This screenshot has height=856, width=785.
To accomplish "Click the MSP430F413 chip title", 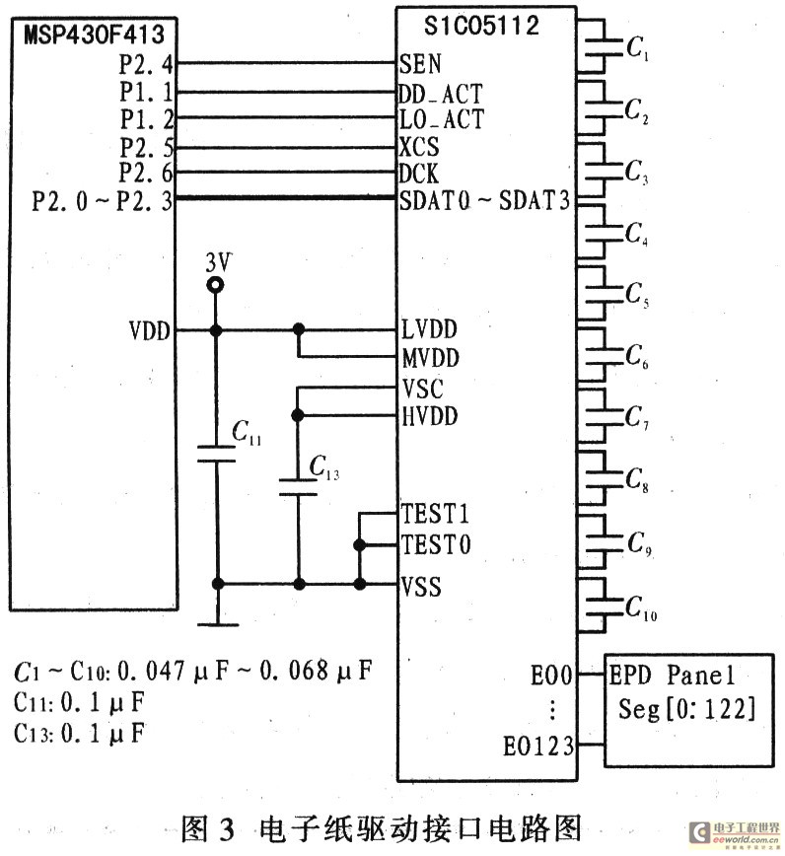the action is click(x=94, y=35).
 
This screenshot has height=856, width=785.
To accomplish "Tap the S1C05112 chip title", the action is click(x=481, y=26).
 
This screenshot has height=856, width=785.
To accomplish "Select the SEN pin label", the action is click(x=420, y=64).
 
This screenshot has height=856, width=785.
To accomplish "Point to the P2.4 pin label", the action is click(x=146, y=65).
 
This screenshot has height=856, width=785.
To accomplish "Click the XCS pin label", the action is click(x=419, y=147).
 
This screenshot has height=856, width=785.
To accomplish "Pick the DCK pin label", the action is click(x=418, y=174).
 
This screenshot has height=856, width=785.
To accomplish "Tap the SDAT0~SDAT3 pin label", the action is click(x=484, y=200).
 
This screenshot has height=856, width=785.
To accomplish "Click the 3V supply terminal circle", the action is click(x=216, y=285).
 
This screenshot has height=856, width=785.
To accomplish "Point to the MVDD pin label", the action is click(x=431, y=358).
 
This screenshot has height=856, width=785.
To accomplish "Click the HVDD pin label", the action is click(x=430, y=416).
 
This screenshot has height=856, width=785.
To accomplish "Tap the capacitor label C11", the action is click(x=247, y=432).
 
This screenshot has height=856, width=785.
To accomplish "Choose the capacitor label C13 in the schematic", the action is click(x=324, y=467).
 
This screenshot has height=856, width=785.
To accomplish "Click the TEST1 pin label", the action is click(x=435, y=514).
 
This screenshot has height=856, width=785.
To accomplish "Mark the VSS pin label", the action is click(x=421, y=587).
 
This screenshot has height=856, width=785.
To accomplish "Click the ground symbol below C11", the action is click(x=217, y=624).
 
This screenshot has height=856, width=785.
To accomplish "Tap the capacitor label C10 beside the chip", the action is click(x=641, y=607).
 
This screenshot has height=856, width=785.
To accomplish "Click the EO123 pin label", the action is click(x=538, y=747).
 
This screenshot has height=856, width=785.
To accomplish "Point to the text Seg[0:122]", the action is click(x=686, y=709).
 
